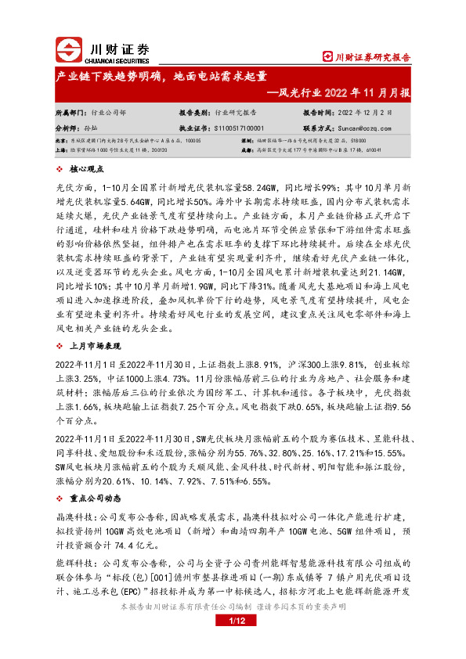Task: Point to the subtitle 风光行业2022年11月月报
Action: pos(345,92)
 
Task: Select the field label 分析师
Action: pos(67,127)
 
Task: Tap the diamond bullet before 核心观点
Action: pos(60,168)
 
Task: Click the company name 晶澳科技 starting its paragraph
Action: pos(74,496)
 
